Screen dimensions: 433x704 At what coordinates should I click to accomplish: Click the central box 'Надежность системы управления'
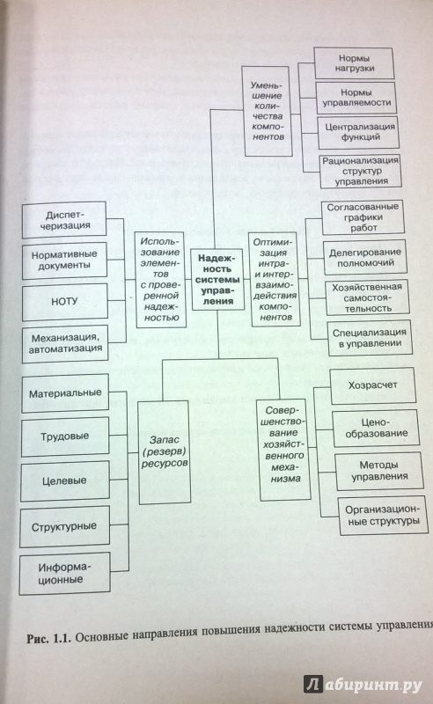pyautogui.click(x=218, y=279)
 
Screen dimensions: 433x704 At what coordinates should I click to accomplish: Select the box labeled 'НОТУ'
pyautogui.click(x=65, y=301)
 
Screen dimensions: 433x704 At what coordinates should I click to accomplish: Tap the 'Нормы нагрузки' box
pyautogui.click(x=354, y=63)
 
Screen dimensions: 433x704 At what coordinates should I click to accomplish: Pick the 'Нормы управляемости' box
pyautogui.click(x=356, y=98)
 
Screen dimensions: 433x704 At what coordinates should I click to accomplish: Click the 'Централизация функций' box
pyautogui.click(x=358, y=132)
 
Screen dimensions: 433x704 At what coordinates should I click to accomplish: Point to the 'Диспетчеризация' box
pyautogui.click(x=64, y=220)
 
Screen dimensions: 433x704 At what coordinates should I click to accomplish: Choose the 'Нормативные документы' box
pyautogui.click(x=64, y=260)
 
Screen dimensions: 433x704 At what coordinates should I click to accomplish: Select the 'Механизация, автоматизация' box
pyautogui.click(x=65, y=343)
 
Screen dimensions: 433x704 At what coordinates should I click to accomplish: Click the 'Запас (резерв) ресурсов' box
pyautogui.click(x=165, y=451)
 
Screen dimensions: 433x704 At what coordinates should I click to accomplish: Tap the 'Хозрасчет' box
pyautogui.click(x=372, y=385)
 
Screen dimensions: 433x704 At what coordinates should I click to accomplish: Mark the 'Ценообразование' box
pyautogui.click(x=376, y=428)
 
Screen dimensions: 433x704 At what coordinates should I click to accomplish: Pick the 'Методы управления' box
pyautogui.click(x=379, y=471)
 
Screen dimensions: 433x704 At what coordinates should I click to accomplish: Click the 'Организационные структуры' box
pyautogui.click(x=383, y=516)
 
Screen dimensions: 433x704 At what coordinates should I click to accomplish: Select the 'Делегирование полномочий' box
pyautogui.click(x=364, y=257)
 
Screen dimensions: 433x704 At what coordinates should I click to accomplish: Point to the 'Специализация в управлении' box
pyautogui.click(x=370, y=338)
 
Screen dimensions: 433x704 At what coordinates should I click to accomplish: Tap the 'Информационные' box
pyautogui.click(x=64, y=574)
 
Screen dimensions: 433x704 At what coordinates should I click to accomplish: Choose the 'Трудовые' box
pyautogui.click(x=65, y=436)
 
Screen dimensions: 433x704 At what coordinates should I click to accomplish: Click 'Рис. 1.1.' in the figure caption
pyautogui.click(x=49, y=639)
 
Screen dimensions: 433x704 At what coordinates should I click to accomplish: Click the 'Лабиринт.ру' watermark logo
pyautogui.click(x=363, y=685)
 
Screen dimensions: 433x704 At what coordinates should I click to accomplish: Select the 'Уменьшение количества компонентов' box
pyautogui.click(x=268, y=111)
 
